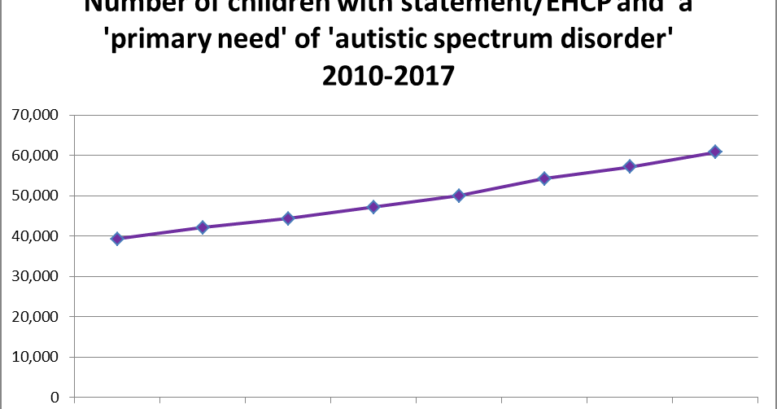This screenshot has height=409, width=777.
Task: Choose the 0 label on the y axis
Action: pyautogui.click(x=54, y=398)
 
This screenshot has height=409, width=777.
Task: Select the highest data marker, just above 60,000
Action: pyautogui.click(x=714, y=152)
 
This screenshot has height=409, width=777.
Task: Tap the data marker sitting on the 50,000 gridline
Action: pyautogui.click(x=459, y=196)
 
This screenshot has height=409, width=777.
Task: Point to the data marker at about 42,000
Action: pyautogui.click(x=203, y=227)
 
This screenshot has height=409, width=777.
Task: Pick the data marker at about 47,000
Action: pyautogui.click(x=373, y=207)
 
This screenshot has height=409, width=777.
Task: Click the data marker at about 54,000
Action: pyautogui.click(x=544, y=178)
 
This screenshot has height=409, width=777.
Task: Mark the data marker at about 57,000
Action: pyautogui.click(x=630, y=167)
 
